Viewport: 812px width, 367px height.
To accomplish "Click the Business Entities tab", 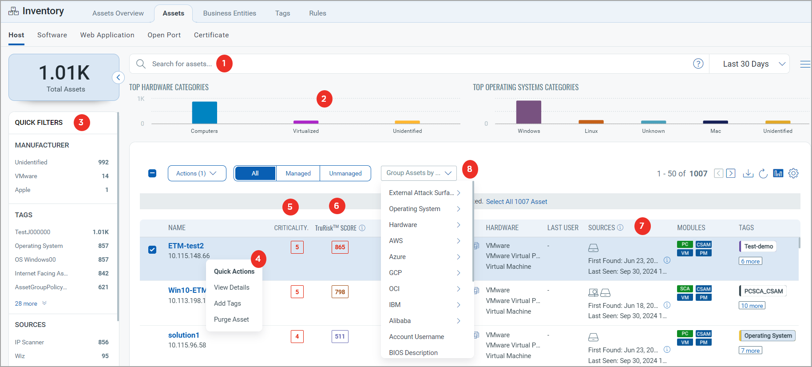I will tap(230, 13).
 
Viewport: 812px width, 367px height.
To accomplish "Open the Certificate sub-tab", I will tap(211, 35).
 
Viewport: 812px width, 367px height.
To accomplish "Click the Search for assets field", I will tap(182, 64).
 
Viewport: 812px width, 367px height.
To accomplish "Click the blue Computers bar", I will tap(204, 112).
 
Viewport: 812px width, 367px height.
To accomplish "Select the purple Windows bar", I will tap(528, 112).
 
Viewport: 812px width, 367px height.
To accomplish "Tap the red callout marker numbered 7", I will tap(642, 226).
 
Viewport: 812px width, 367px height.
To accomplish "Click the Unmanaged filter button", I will tap(345, 173).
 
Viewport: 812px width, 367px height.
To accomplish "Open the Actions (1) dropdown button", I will tap(197, 173).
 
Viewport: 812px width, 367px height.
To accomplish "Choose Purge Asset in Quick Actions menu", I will tap(231, 319).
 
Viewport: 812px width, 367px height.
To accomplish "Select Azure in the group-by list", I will tap(397, 257).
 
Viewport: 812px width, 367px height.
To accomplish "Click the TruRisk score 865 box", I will tap(340, 247).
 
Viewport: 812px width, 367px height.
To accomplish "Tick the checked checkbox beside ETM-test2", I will tap(152, 250).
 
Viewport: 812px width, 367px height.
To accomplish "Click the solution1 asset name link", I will tap(184, 335).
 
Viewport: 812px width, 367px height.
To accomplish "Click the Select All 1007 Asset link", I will tap(516, 202).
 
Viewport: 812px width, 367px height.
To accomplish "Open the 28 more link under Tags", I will tap(27, 303).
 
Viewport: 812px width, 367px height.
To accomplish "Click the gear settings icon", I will tap(793, 173).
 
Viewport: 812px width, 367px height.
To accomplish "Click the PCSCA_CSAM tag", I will tap(763, 291).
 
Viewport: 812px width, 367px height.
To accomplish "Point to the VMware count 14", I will tap(105, 176).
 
